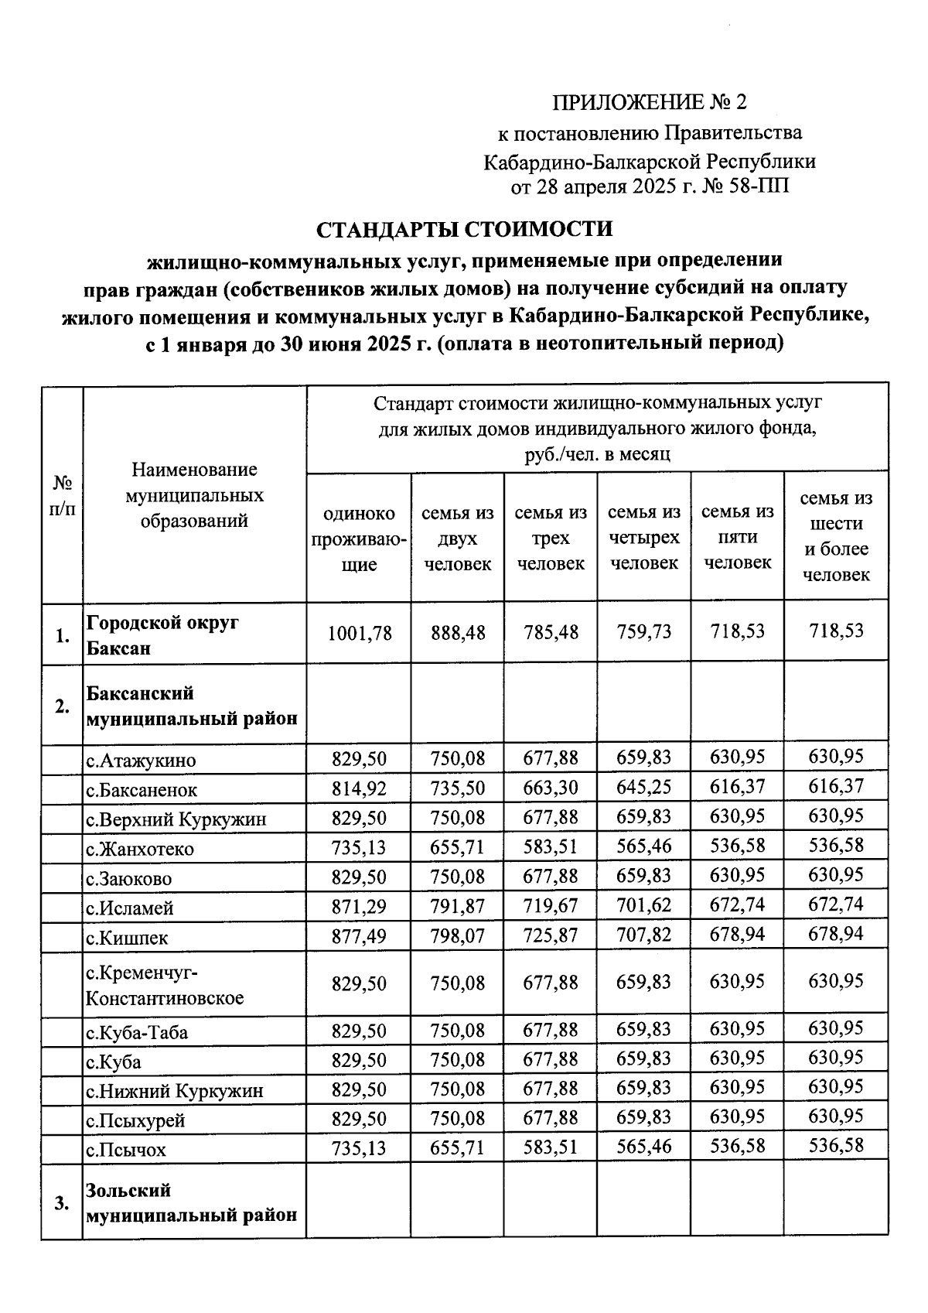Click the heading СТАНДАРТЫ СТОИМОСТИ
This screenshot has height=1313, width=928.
465,230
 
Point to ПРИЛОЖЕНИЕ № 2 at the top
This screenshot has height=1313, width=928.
650,102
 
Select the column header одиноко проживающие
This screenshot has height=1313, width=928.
359,539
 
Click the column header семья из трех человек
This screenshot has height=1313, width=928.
551,538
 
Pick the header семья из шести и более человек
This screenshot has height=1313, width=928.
836,536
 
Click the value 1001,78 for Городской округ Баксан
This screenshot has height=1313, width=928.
359,633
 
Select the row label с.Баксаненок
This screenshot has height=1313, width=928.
142,790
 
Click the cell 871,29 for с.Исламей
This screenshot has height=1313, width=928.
359,907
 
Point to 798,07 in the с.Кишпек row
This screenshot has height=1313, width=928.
457,937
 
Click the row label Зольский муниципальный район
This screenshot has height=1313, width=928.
191,1202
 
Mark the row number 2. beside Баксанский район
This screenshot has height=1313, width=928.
62,706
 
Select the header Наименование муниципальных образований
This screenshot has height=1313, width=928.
194,495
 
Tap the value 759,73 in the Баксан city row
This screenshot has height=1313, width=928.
643,632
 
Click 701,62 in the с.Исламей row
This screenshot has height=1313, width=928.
643,905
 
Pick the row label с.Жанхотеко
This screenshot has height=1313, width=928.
140,850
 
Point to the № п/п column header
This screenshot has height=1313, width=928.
62,495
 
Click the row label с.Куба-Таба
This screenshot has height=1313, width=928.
137,1033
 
